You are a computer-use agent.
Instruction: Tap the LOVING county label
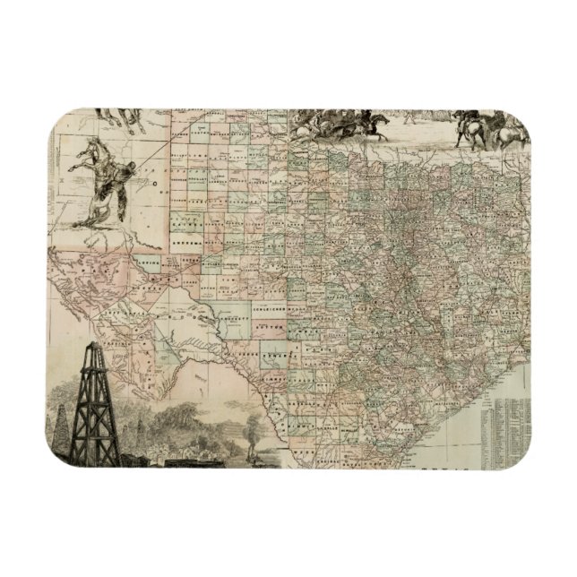[x=149, y=265]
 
